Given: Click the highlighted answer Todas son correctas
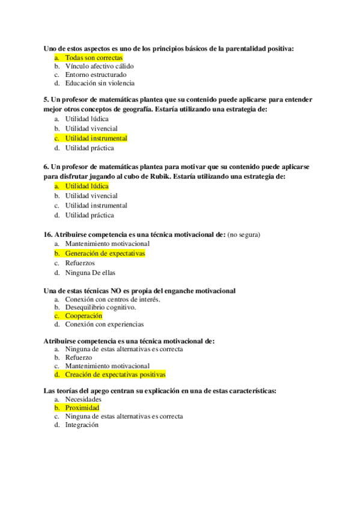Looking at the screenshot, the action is click(x=94, y=58).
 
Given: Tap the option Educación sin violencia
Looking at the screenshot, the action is click(x=100, y=84).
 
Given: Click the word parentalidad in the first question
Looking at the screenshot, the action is click(x=224, y=48).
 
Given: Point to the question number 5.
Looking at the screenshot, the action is click(x=46, y=100).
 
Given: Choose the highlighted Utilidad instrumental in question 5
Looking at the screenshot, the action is click(x=96, y=138).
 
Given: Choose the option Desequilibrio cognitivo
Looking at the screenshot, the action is click(x=100, y=307).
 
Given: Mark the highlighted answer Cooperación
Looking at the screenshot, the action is click(x=84, y=316).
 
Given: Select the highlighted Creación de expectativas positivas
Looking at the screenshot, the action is click(x=115, y=375).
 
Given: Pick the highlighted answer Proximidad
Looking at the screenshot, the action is click(x=82, y=408).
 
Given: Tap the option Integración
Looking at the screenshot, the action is click(x=82, y=425).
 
